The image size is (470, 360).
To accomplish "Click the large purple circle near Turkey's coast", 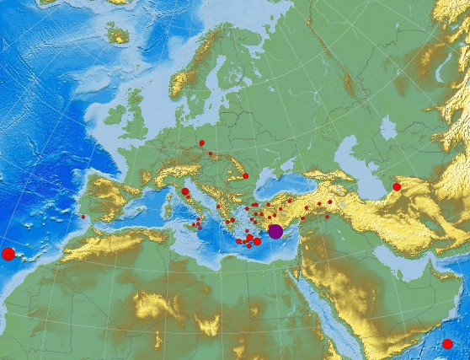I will point(275,232).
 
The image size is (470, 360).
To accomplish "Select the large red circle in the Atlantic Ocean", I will point(8,254).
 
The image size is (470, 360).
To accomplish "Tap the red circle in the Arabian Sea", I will point(447,344).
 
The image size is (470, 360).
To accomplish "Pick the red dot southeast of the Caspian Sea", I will point(397,187).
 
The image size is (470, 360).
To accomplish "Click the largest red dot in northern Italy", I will point(185,192).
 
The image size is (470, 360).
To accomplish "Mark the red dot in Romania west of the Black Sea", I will point(245,176).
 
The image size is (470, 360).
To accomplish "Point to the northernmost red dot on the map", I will point(202,143).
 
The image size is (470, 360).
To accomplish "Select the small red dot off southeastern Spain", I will point(83,218).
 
